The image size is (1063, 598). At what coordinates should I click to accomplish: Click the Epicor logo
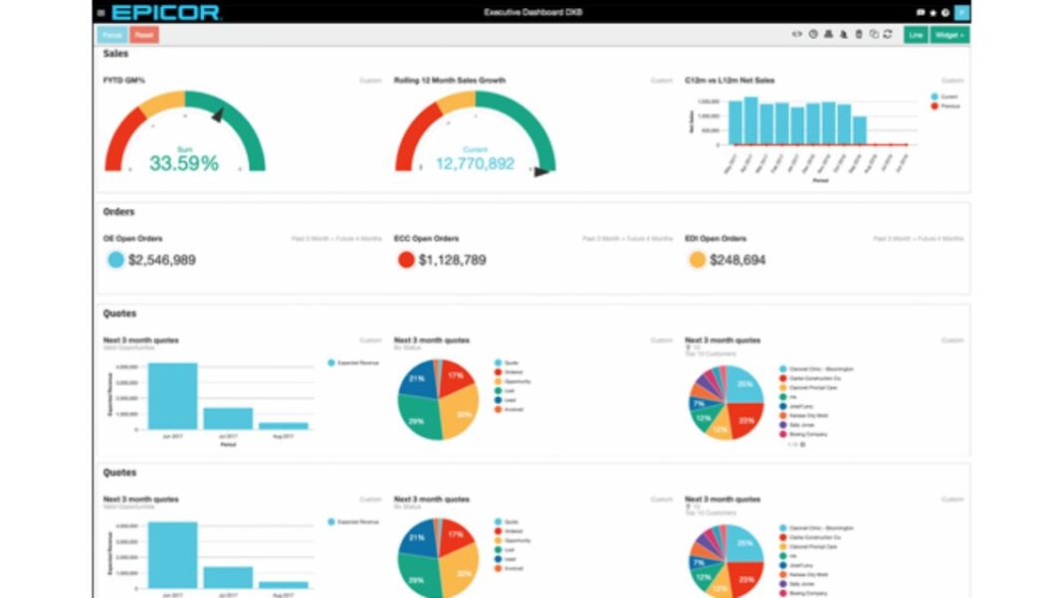click(x=165, y=12)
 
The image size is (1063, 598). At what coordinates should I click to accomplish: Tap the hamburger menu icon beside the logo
click(x=101, y=12)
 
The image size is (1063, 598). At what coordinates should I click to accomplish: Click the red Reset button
click(x=144, y=35)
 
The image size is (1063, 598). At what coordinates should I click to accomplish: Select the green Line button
click(x=915, y=35)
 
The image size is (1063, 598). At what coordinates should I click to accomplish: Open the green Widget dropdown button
click(x=951, y=35)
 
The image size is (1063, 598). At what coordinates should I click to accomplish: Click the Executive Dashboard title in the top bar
click(x=532, y=12)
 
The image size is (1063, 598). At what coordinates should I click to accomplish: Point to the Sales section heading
click(x=115, y=54)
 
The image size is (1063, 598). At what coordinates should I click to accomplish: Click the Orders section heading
click(x=118, y=212)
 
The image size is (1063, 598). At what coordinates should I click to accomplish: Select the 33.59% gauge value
click(x=184, y=163)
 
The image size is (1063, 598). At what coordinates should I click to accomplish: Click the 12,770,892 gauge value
click(x=475, y=163)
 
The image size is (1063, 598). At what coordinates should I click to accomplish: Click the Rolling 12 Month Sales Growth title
click(x=450, y=81)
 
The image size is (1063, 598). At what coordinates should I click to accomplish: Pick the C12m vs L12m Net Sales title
click(x=730, y=81)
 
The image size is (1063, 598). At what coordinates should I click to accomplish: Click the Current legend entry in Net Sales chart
click(x=947, y=97)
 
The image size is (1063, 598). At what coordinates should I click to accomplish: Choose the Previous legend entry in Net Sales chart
click(x=949, y=105)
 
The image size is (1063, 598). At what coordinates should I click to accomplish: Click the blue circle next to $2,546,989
click(x=115, y=260)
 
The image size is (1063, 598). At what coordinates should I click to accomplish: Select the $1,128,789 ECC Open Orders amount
click(x=452, y=260)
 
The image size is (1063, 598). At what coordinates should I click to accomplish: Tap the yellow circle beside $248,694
click(x=698, y=260)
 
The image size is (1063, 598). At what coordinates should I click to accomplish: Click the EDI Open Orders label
click(x=716, y=239)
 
